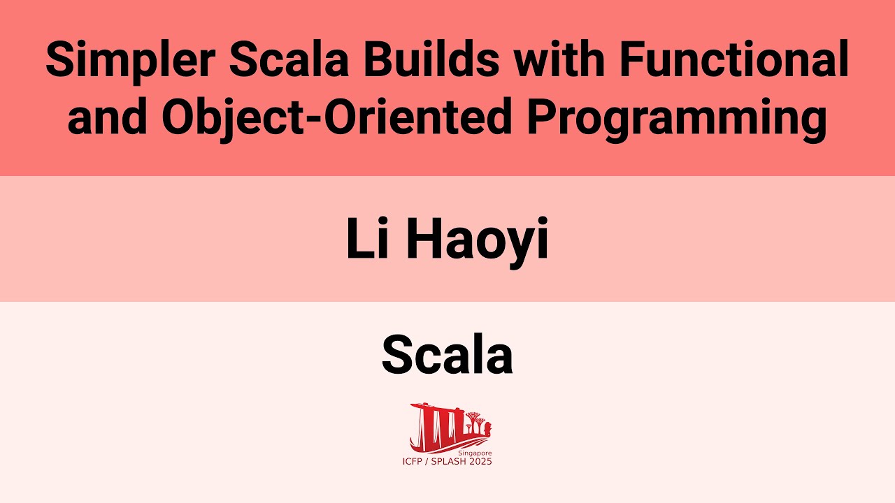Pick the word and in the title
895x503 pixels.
tap(107, 118)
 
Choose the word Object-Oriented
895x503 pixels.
tap(337, 118)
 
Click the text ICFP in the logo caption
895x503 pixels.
tap(413, 462)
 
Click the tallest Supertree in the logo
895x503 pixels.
tap(476, 419)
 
